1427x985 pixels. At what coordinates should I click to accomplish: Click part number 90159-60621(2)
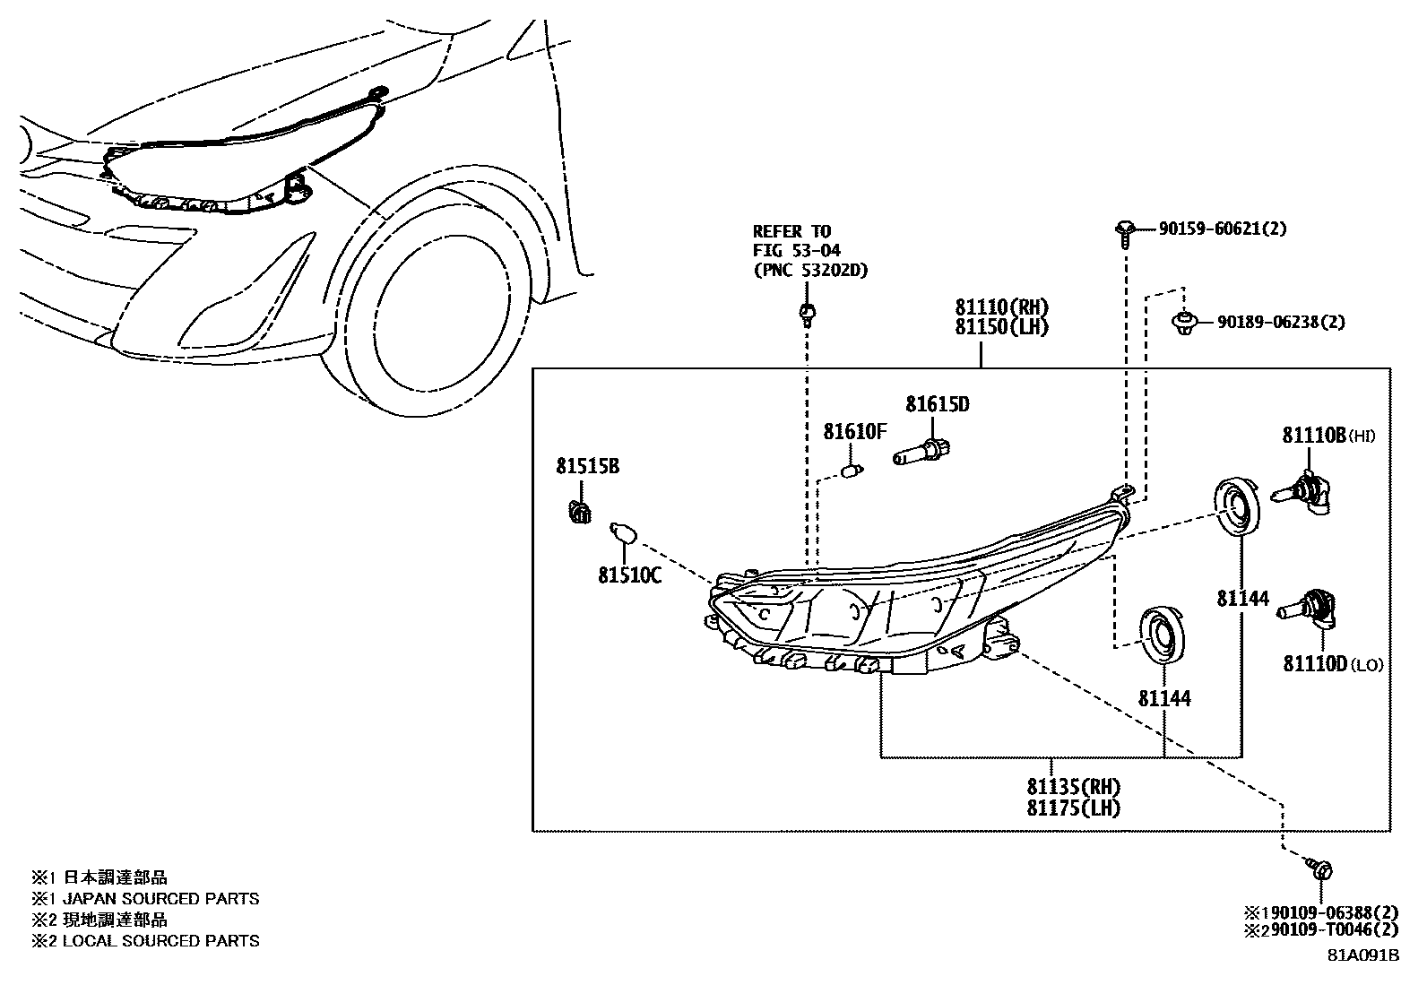click(1222, 229)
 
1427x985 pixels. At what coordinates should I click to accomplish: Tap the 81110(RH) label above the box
click(1001, 307)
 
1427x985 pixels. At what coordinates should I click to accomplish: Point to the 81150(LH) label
click(1001, 327)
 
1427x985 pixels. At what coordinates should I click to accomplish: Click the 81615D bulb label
click(937, 404)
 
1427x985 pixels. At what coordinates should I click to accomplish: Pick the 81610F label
click(854, 432)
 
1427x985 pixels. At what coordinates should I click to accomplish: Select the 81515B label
click(587, 466)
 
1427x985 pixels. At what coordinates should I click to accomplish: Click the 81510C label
click(629, 575)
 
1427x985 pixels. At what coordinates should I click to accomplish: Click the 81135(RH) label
click(1074, 787)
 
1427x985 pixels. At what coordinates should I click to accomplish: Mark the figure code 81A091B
click(1363, 955)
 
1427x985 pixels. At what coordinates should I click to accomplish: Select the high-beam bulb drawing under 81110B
click(1304, 494)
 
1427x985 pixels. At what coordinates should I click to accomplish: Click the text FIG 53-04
click(796, 250)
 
